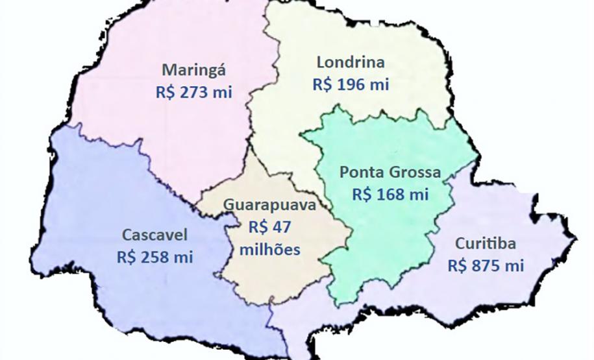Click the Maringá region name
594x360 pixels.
pos(194,70)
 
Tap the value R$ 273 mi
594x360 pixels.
pos(194,92)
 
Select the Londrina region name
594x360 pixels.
pos(351,63)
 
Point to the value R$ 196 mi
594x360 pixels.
pos(351,84)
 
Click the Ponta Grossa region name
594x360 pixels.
pos(390,173)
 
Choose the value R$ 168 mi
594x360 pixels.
pos(391,194)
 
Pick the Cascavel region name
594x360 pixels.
pos(155,234)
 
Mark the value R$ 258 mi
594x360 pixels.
pos(155,256)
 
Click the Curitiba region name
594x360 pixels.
pos(486,244)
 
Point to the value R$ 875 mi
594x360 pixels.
pos(486,266)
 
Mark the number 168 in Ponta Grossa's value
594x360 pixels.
pos(393,194)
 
